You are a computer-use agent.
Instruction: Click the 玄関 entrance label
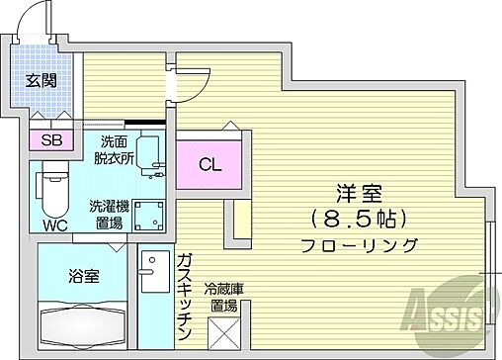click(x=41, y=81)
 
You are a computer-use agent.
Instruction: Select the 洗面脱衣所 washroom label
click(x=111, y=149)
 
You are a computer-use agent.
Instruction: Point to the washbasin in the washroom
click(x=149, y=153)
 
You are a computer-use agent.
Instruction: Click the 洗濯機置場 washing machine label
click(x=108, y=215)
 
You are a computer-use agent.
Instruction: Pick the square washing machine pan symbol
click(x=151, y=215)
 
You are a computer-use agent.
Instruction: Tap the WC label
click(x=55, y=225)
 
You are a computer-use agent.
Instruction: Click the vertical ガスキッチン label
click(x=184, y=292)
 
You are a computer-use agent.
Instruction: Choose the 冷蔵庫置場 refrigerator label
click(x=223, y=297)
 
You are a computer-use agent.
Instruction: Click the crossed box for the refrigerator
click(x=224, y=330)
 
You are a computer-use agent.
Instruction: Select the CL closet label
click(x=210, y=164)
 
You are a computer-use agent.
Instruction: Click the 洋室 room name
click(x=358, y=194)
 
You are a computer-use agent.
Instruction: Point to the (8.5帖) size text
click(x=358, y=219)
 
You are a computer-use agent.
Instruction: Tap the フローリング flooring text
click(x=358, y=245)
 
